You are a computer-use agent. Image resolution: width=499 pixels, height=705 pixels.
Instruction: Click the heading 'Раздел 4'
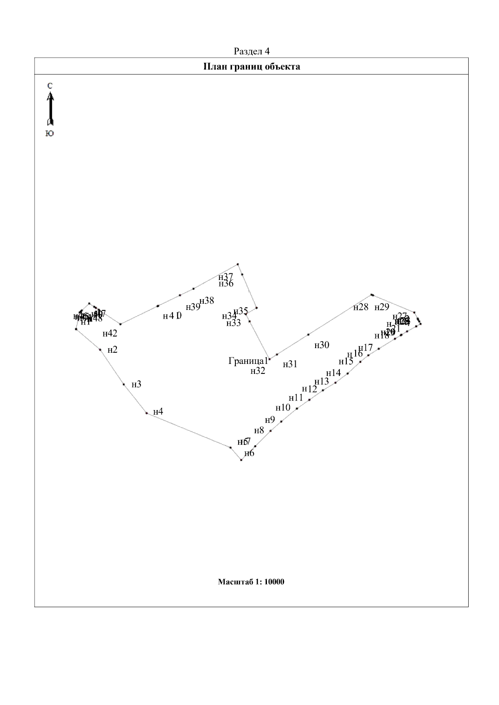point(252,52)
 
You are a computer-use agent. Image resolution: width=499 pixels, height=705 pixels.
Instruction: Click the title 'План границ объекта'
point(252,66)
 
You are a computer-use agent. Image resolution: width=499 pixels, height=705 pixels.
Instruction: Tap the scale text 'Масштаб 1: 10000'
point(251,582)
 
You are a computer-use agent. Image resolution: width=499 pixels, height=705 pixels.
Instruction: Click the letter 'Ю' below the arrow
point(49,133)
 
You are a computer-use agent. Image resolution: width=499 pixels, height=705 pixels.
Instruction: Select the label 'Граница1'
point(248,361)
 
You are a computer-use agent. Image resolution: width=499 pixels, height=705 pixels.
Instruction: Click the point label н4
point(158,412)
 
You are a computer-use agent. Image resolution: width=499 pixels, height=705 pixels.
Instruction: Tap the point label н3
point(136,384)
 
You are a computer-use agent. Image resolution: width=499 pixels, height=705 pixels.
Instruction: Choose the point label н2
point(112,350)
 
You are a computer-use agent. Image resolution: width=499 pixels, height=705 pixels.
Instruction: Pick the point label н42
point(110,333)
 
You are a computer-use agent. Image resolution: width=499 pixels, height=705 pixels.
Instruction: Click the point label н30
point(322,345)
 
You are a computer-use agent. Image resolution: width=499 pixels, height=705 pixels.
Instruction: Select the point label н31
point(290,364)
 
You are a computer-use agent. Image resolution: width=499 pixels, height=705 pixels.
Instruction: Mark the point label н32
point(258,371)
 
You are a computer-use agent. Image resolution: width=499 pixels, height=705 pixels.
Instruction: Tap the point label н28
point(361,307)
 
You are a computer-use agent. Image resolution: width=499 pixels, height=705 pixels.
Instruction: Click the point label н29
point(382,307)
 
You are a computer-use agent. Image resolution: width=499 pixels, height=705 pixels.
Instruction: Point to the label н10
point(283,408)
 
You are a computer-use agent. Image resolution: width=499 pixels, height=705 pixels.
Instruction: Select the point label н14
point(333,373)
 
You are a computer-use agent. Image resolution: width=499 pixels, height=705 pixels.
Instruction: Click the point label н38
point(207,301)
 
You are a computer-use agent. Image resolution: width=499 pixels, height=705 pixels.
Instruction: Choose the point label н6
point(249,453)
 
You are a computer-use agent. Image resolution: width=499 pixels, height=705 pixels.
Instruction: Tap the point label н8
point(259,430)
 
